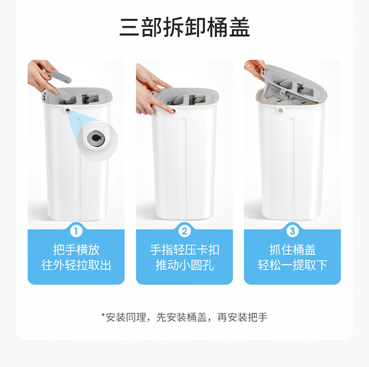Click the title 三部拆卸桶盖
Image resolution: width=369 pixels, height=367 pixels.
(x=184, y=27)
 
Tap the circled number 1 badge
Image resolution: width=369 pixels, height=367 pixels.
(x=76, y=231)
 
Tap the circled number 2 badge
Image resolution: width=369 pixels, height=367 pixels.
(x=184, y=231)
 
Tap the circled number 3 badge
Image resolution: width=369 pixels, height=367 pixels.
(x=292, y=231)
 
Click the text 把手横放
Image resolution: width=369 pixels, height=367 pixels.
(x=76, y=250)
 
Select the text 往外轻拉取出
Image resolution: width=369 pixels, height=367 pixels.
(x=76, y=265)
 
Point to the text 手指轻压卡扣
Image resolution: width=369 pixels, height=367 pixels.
(x=184, y=250)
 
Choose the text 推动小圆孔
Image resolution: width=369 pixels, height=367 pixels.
(x=184, y=265)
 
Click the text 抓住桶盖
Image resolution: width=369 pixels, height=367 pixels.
(x=292, y=250)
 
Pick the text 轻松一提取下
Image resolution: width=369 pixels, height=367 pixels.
(x=292, y=265)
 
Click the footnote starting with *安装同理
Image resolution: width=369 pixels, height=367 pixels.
(x=184, y=317)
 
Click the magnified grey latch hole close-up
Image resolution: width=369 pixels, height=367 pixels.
(x=97, y=138)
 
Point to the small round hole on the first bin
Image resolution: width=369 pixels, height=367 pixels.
(x=68, y=110)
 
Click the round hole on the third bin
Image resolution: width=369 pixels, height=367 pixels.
(x=280, y=110)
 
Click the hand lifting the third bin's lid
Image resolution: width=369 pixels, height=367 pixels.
(x=255, y=69)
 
